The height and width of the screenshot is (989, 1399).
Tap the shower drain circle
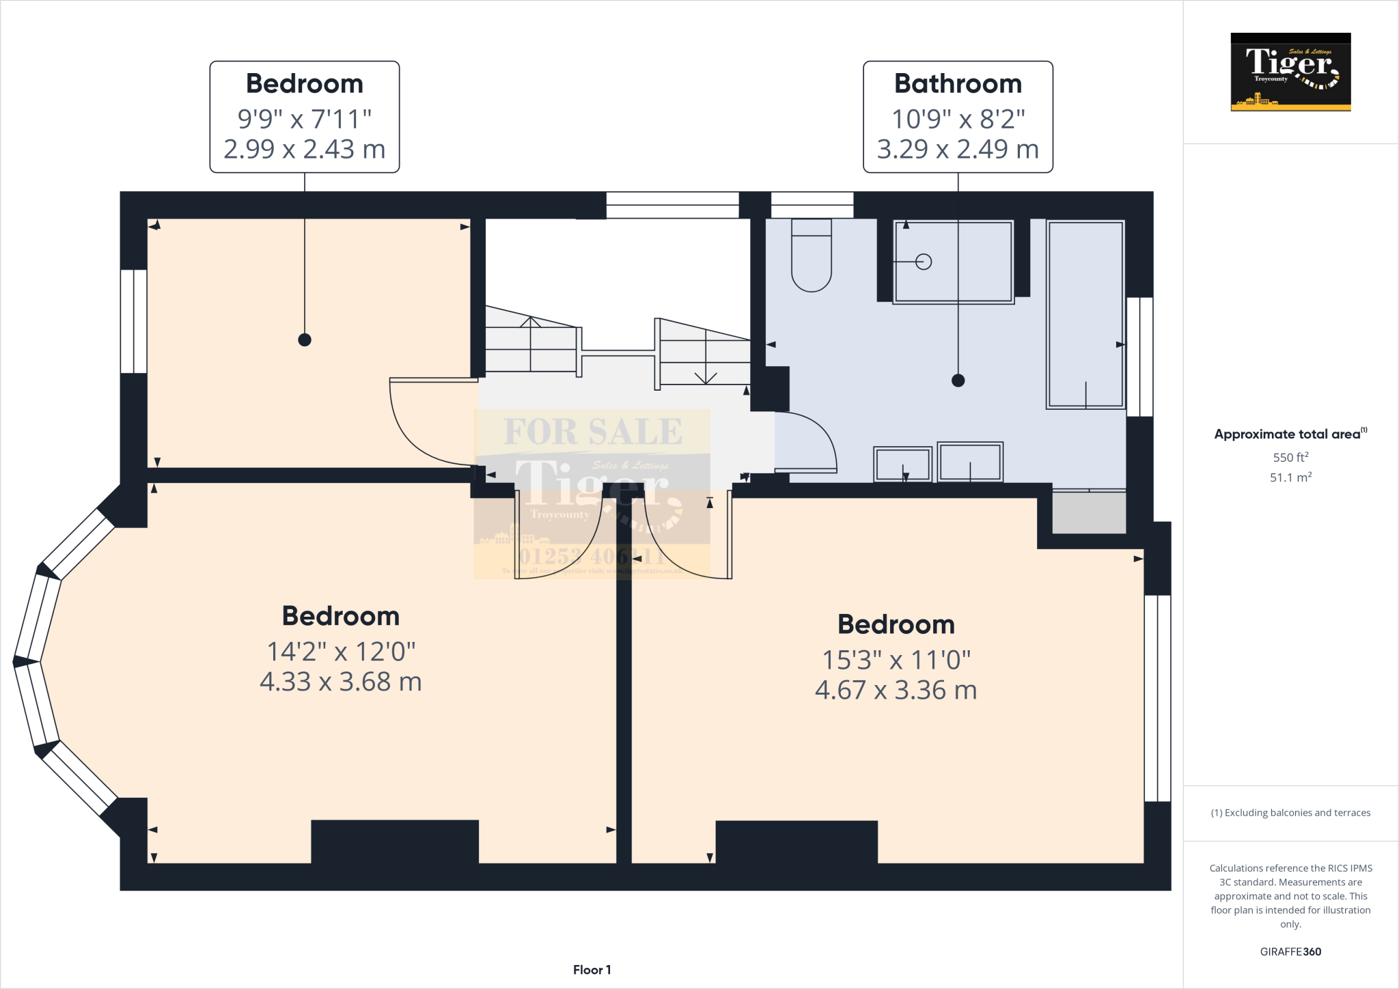click(924, 262)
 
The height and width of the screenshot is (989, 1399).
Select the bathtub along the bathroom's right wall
click(1085, 314)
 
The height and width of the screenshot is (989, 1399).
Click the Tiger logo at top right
click(1290, 72)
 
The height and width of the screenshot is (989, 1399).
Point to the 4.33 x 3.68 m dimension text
click(340, 682)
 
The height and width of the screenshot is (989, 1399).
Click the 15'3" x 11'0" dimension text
click(896, 660)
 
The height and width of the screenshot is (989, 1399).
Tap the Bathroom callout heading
click(958, 84)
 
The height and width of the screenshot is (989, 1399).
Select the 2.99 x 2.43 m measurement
click(305, 149)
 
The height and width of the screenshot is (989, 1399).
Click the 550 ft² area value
click(1290, 458)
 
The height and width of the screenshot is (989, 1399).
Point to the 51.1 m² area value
click(1290, 477)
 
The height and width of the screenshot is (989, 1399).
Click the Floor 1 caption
click(592, 970)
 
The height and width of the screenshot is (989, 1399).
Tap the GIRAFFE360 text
click(1290, 951)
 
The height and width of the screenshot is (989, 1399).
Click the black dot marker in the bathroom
click(958, 380)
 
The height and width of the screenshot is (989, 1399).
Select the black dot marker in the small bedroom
click(305, 339)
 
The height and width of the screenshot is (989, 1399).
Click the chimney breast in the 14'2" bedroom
click(395, 841)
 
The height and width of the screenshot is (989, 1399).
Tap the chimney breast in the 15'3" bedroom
click(797, 841)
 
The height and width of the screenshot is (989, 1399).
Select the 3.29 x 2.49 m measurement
click(958, 149)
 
